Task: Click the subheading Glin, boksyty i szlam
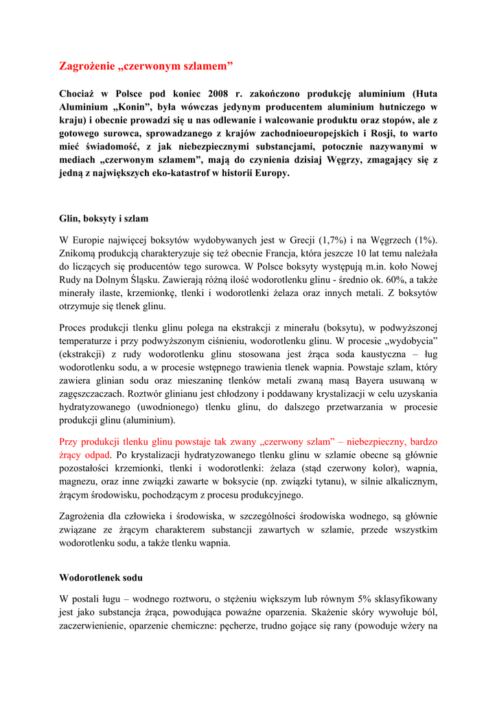104,219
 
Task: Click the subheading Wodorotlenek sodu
101,577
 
